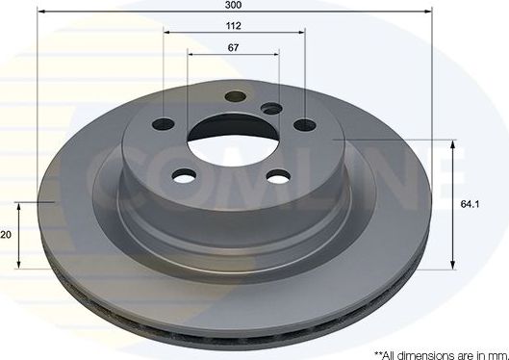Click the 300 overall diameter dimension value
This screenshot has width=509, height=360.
tap(235, 6)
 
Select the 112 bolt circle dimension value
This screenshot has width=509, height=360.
tap(235, 27)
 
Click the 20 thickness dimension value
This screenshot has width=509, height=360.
tap(6, 234)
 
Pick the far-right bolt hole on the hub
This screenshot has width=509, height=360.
tap(304, 124)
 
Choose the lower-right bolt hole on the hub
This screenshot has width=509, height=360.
tap(278, 176)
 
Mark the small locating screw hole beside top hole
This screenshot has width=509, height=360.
tap(272, 109)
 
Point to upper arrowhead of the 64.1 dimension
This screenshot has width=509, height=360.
tap(452, 143)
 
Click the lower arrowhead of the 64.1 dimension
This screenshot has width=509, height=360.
tap(452, 264)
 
